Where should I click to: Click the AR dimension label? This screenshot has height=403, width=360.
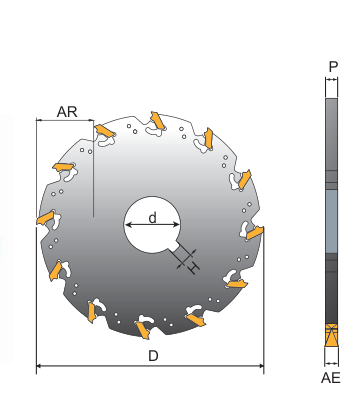[67, 112]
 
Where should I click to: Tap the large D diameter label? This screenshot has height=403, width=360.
[153, 356]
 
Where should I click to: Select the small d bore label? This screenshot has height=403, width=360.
[152, 218]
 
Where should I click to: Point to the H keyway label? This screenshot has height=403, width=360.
[194, 267]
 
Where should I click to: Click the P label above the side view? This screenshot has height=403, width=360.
[333, 67]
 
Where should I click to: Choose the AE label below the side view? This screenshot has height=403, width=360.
[331, 378]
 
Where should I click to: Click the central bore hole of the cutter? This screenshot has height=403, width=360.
[152, 224]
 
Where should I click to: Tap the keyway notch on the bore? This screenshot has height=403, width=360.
[174, 249]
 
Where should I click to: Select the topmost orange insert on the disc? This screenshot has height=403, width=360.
[157, 120]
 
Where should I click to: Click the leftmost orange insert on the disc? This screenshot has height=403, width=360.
[46, 218]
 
